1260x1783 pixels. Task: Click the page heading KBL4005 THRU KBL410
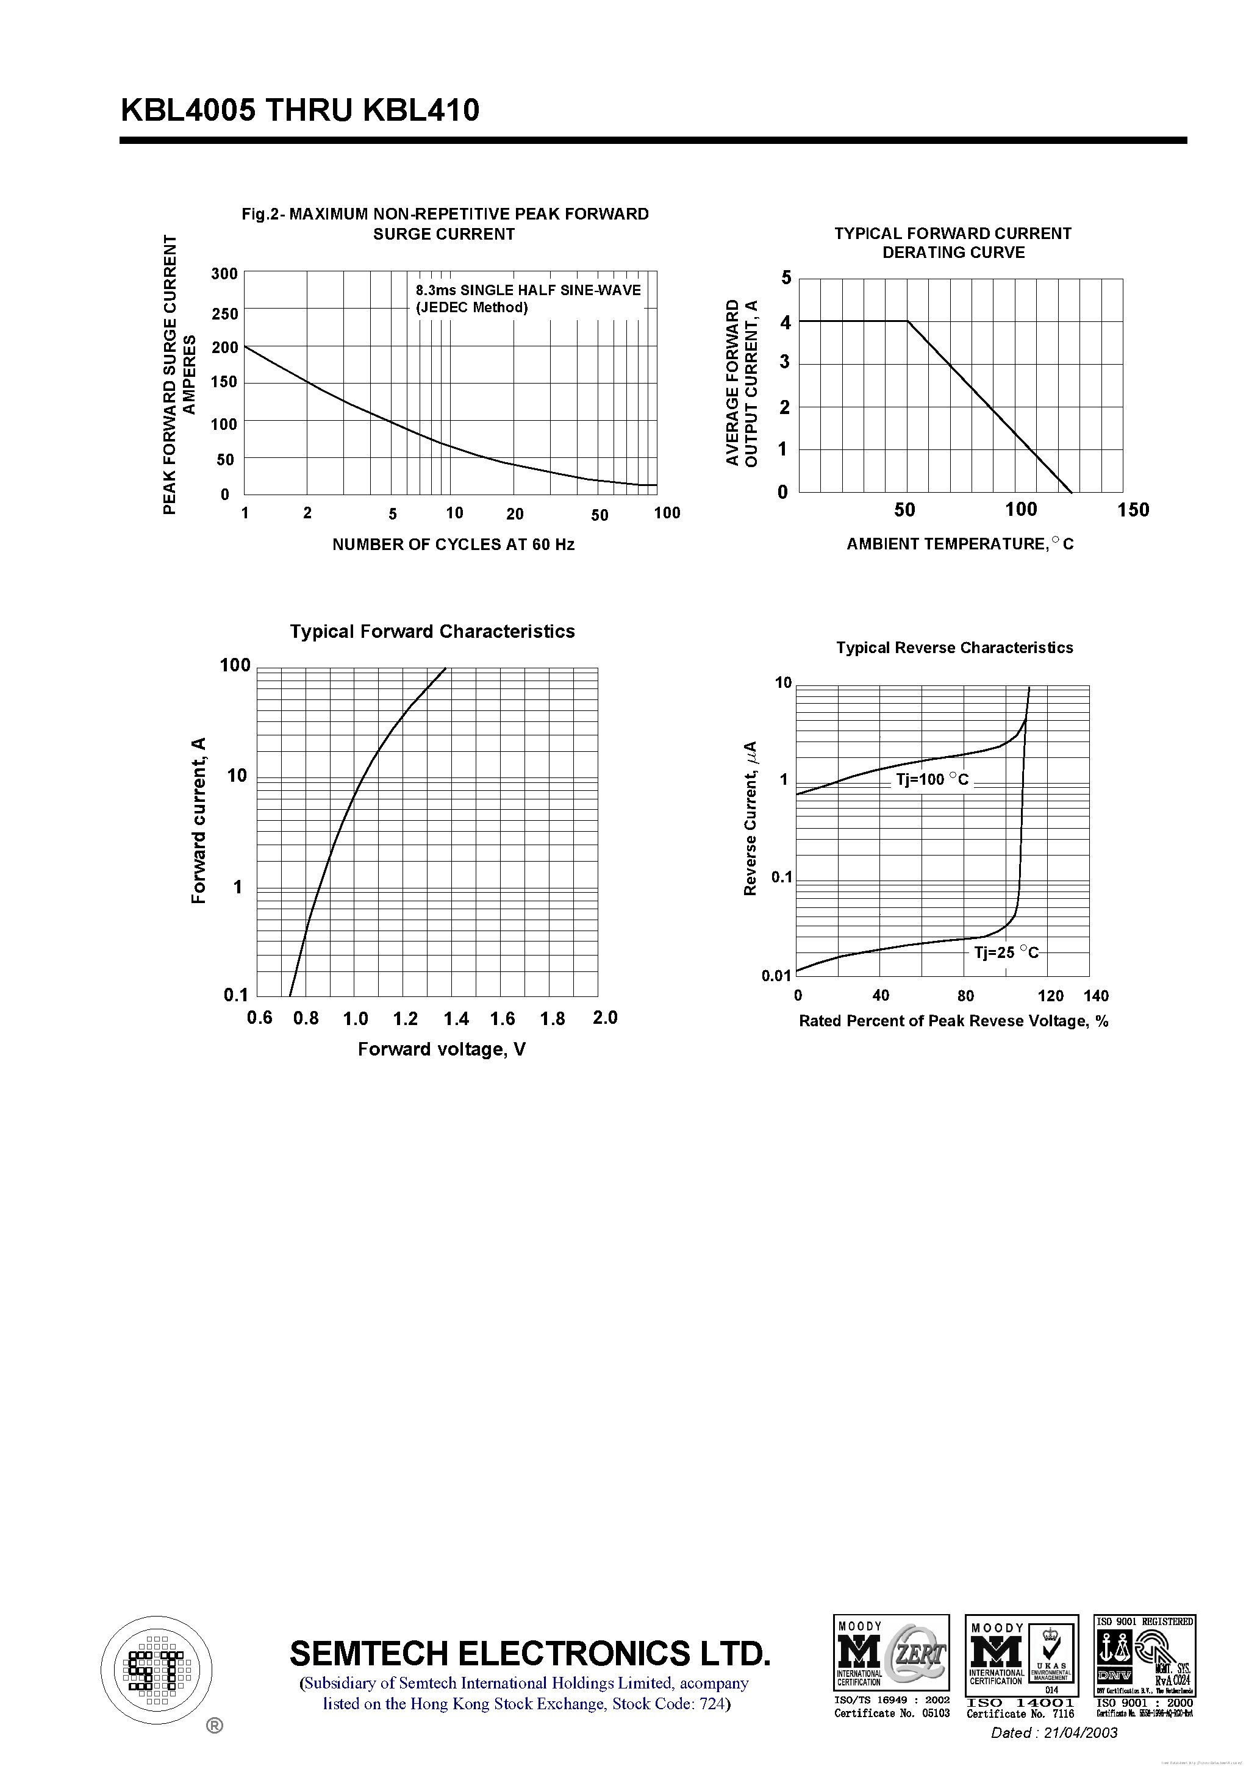click(x=300, y=110)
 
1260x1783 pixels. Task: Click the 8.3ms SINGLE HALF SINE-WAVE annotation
click(x=528, y=290)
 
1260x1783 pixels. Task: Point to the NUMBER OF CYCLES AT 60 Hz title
click(x=453, y=545)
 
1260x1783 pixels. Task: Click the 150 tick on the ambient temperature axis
click(x=1133, y=510)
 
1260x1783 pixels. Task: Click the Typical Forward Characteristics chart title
click(x=432, y=631)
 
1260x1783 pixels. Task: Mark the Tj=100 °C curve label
click(x=932, y=780)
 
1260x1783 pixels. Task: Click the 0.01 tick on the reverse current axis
click(x=776, y=976)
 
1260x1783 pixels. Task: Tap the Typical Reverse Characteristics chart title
click(x=954, y=648)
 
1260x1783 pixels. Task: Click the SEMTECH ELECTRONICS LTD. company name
click(x=530, y=1654)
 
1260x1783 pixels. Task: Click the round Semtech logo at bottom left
click(x=157, y=1670)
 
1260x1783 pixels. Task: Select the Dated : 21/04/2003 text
click(x=1053, y=1732)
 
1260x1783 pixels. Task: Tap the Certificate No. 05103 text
click(x=892, y=1713)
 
